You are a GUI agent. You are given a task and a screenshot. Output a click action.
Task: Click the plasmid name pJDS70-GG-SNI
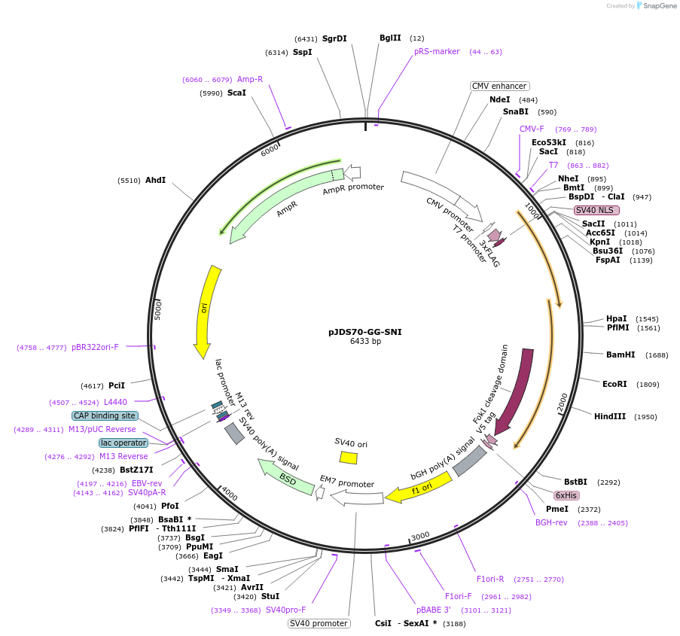(365, 331)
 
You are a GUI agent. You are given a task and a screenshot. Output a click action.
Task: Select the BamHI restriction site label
(621, 355)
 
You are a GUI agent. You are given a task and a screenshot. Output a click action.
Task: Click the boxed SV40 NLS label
(596, 210)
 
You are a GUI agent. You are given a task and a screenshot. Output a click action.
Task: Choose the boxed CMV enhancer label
(499, 86)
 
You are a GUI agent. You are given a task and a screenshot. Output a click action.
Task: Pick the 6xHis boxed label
(566, 495)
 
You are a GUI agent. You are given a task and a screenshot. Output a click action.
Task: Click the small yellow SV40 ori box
(348, 457)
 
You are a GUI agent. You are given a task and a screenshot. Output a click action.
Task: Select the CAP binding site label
(105, 415)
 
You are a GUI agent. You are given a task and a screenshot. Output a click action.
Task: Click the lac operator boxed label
(123, 443)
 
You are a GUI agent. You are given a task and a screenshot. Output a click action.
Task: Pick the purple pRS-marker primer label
(437, 51)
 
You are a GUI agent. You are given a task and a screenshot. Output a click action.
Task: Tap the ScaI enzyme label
(236, 93)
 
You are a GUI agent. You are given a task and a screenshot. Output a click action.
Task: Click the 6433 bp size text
(365, 341)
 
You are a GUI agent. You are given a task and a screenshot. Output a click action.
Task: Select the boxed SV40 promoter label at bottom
(319, 623)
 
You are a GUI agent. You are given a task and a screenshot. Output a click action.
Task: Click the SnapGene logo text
(660, 6)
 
